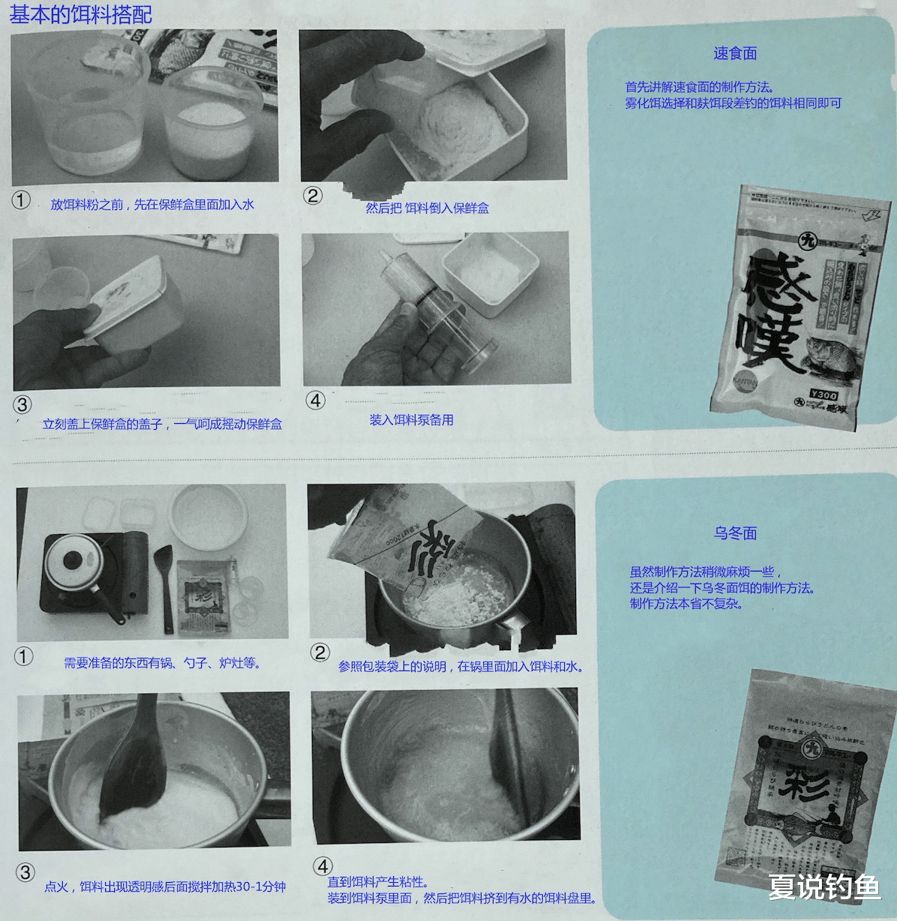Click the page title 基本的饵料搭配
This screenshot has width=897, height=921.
pos(80,15)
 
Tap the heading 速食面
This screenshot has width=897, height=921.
pos(734,53)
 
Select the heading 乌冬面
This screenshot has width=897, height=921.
pos(734,533)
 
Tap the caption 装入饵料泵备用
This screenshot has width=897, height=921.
pos(411,420)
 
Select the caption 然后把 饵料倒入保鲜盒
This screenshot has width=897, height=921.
pos(427,208)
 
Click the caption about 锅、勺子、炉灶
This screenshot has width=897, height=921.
pos(162,663)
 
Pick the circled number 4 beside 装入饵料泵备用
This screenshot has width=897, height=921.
pos(316,400)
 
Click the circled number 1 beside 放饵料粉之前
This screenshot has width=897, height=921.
pos(21,200)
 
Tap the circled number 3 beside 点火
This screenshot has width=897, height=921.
pos(25,872)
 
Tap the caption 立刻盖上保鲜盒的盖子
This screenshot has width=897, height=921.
pos(162,424)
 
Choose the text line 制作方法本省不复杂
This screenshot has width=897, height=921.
pos(685,604)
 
